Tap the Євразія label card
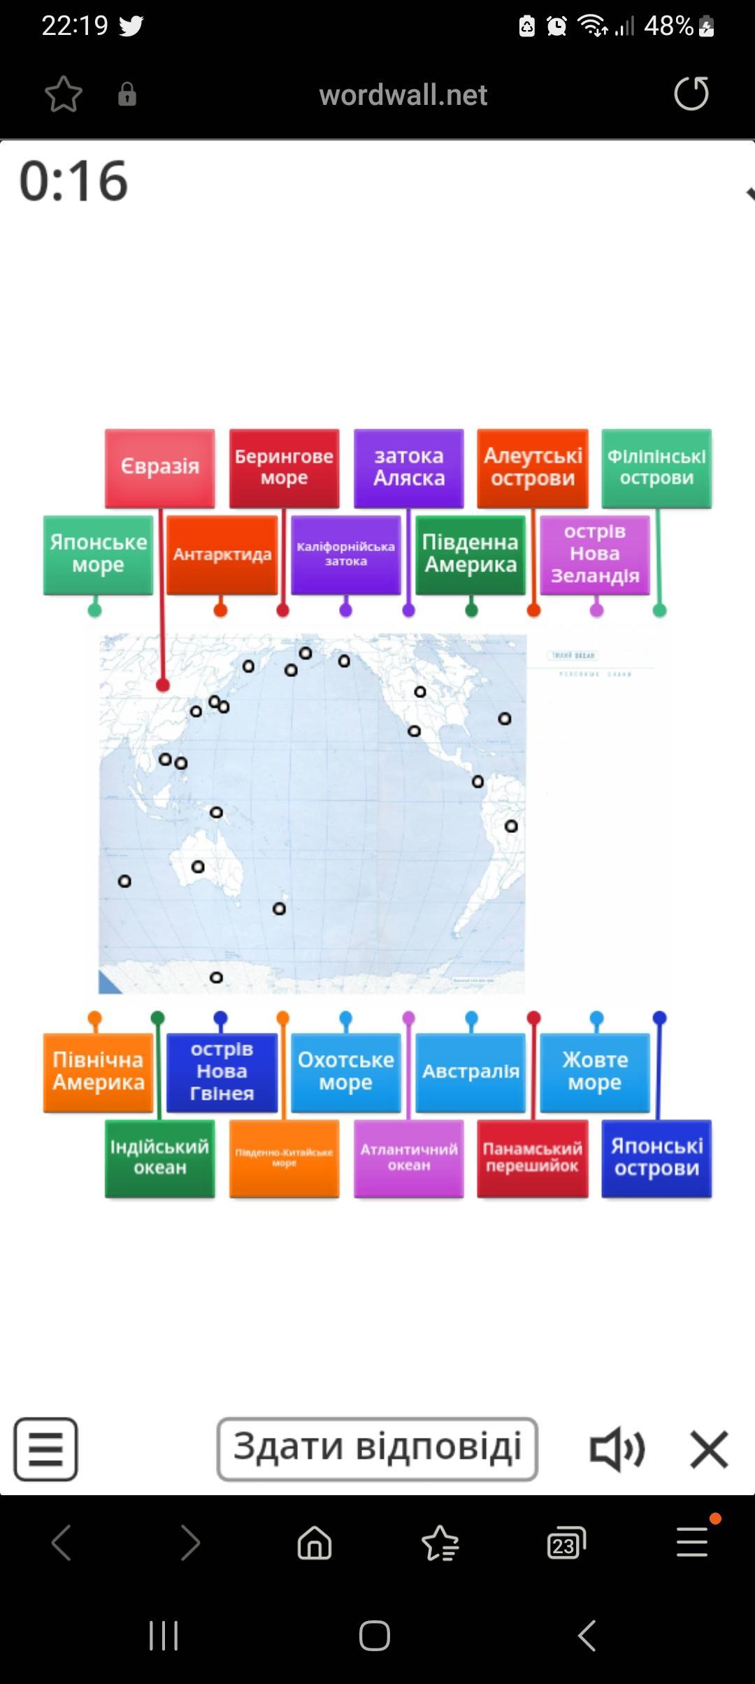pos(160,467)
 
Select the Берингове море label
pos(284,467)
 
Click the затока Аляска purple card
pos(408,467)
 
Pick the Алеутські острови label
pos(533,467)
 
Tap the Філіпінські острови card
pos(656,467)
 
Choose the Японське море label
pos(98,554)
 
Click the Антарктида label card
pos(222,554)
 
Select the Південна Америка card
pos(470,554)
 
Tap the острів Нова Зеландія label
pos(595,554)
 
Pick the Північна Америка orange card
pos(98,1071)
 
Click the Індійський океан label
pos(160,1157)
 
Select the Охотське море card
pos(346,1071)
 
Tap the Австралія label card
pos(470,1071)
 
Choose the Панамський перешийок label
pos(533,1157)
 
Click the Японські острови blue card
pos(656,1157)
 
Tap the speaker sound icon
pos(617,1449)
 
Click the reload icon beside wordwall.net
pos(691,94)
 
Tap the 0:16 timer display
pos(74,181)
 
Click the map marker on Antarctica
pos(216,977)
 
